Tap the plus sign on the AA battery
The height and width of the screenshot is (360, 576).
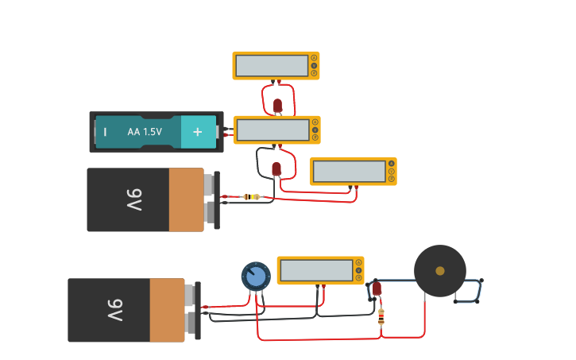click(x=198, y=132)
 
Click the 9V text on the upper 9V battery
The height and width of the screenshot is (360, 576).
click(x=133, y=200)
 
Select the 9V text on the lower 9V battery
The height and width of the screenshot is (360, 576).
click(x=114, y=310)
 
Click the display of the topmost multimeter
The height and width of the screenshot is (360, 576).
click(x=272, y=66)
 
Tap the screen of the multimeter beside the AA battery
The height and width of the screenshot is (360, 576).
click(x=273, y=130)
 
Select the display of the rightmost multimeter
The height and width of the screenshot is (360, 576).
click(x=349, y=172)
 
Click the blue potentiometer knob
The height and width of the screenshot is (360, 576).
click(x=256, y=277)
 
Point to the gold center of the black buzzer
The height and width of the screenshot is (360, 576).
click(x=440, y=271)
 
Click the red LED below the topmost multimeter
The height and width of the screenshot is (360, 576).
click(x=277, y=105)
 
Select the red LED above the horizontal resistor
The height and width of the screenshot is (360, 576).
click(x=276, y=168)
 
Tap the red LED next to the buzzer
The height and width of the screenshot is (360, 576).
click(x=377, y=288)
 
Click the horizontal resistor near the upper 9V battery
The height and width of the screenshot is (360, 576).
click(x=252, y=196)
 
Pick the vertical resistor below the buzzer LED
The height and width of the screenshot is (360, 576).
click(x=381, y=317)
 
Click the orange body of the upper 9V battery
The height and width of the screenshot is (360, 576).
click(x=187, y=200)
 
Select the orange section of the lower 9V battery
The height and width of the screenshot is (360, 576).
click(x=167, y=310)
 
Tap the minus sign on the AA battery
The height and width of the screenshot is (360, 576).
click(x=105, y=132)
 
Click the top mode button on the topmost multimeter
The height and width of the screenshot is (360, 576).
click(x=315, y=57)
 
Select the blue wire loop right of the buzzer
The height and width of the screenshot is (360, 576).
click(x=469, y=291)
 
